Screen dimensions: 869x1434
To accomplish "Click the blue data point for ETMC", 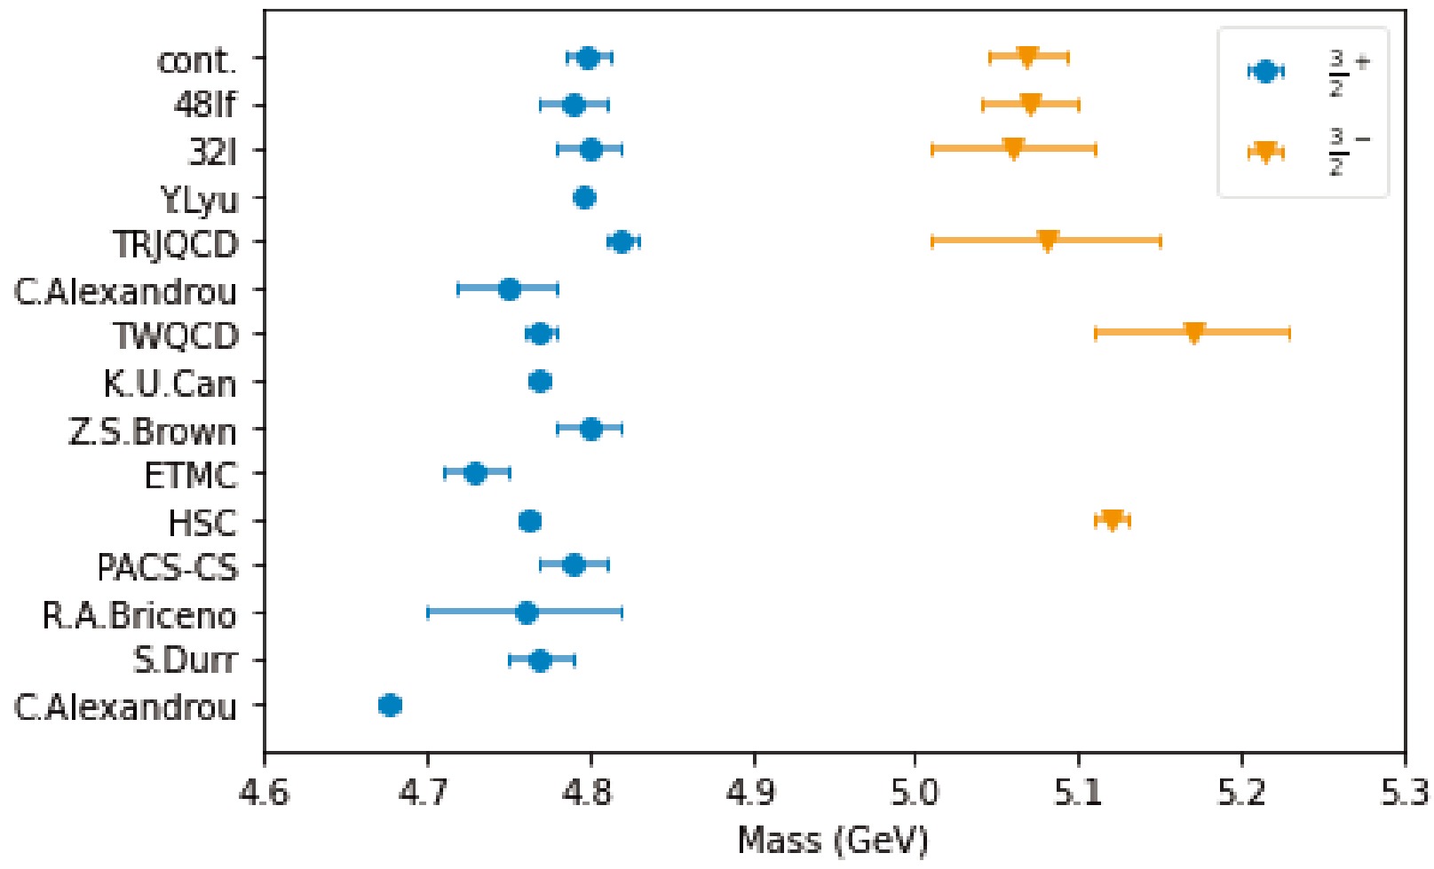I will tap(475, 473).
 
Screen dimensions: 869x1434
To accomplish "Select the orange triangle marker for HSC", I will tap(1112, 520).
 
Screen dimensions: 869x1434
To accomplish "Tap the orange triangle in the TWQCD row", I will tap(1193, 333).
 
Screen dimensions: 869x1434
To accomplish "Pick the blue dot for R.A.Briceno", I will tap(527, 612).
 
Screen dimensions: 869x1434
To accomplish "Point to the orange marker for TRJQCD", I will tap(1048, 241).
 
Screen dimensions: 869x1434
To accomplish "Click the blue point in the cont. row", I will tap(588, 59).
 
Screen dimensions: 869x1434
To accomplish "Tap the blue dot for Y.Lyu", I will tap(584, 198).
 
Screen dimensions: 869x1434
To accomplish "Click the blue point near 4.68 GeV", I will tap(390, 705).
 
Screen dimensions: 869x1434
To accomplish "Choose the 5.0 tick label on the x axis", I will tap(915, 792).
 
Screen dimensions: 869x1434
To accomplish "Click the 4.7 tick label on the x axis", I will tap(427, 792).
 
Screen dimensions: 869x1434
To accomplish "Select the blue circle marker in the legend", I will tap(1265, 72).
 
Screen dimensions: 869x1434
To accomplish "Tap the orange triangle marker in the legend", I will tap(1265, 152).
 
